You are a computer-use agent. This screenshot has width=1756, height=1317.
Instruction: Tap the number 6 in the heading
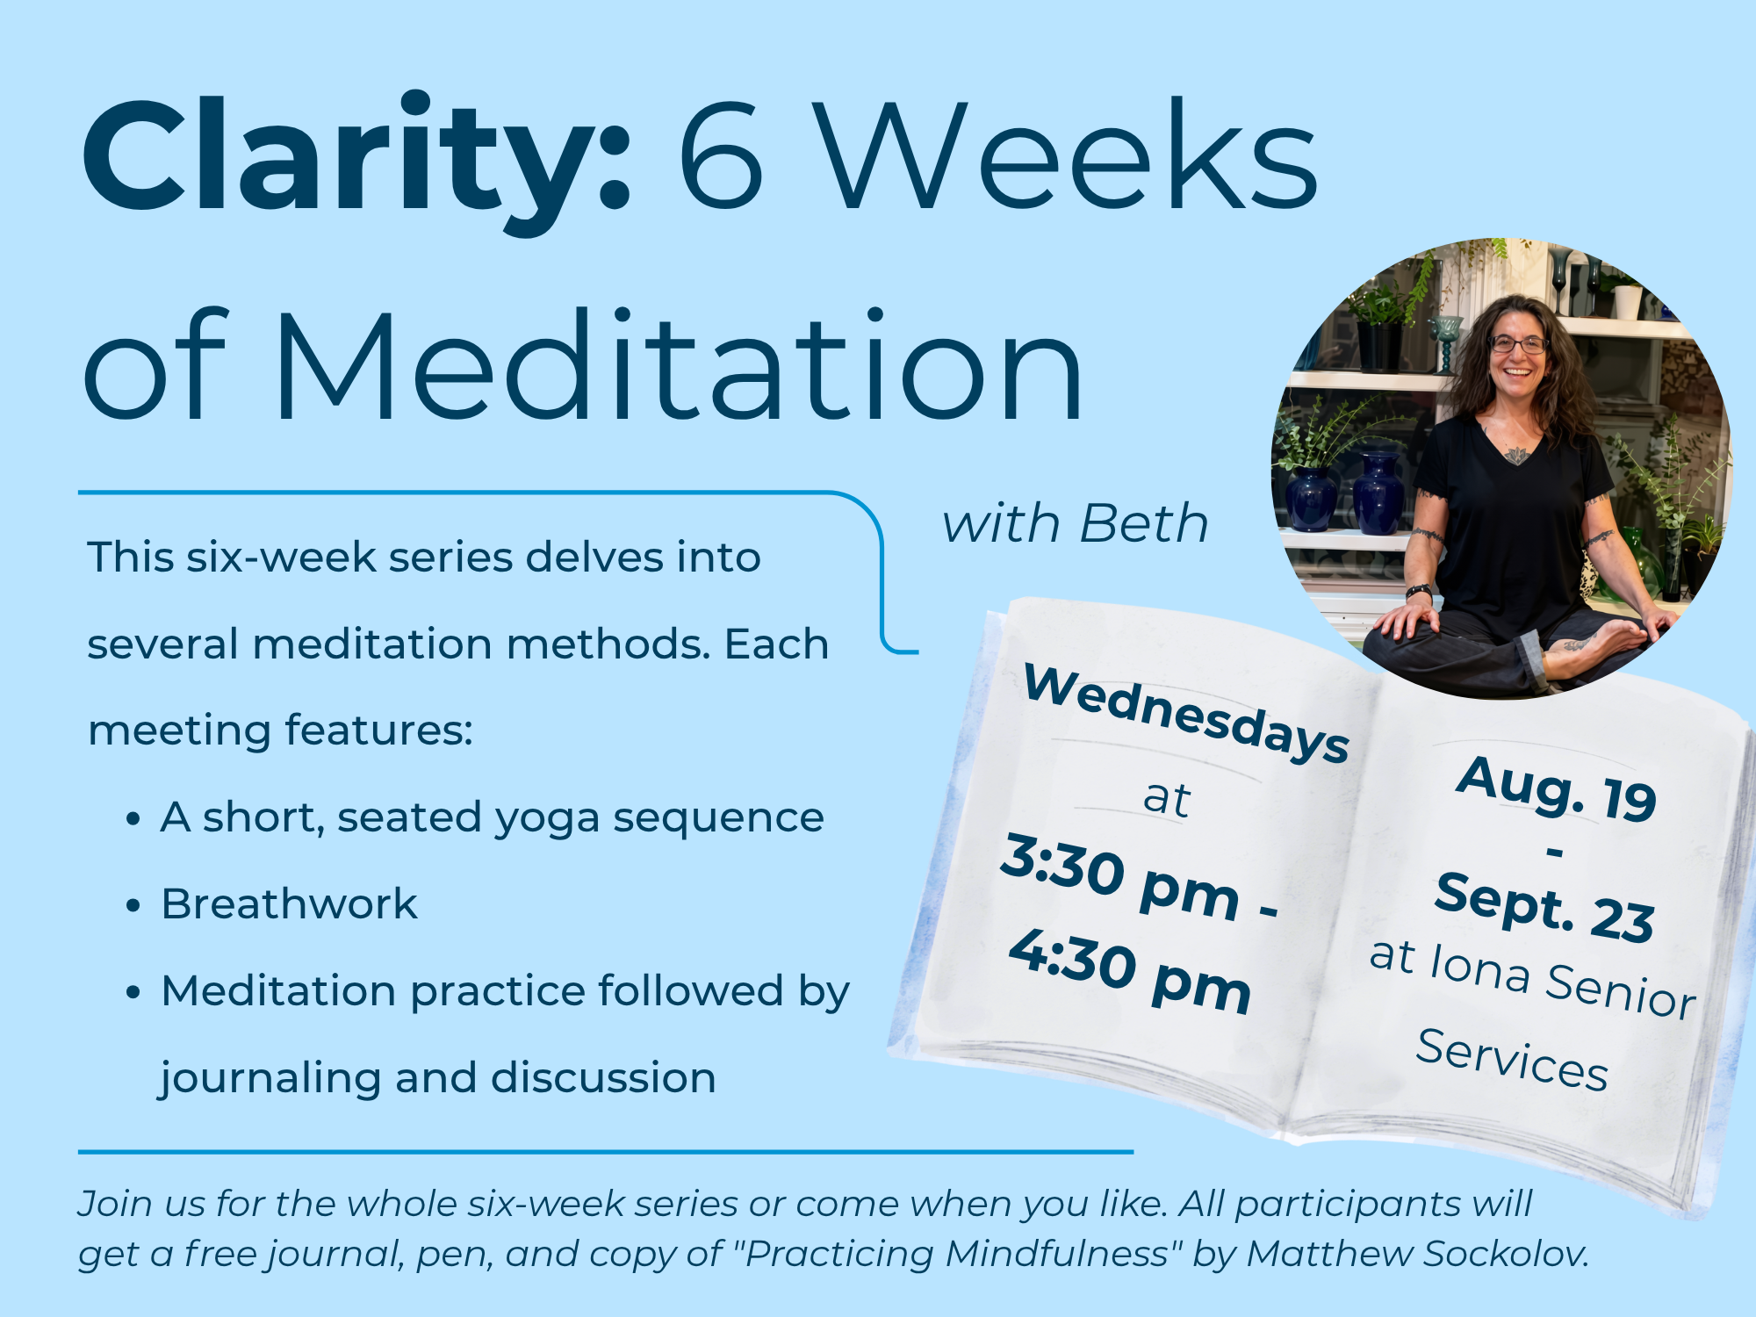point(721,155)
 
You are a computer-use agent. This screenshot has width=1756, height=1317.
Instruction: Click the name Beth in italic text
point(1144,524)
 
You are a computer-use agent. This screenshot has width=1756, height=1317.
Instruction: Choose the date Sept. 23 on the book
point(1545,908)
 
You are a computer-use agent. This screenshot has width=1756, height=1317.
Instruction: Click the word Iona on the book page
point(1480,967)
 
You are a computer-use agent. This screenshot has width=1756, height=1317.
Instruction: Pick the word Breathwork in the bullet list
point(289,903)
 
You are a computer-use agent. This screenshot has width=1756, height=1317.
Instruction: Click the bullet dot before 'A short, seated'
point(133,819)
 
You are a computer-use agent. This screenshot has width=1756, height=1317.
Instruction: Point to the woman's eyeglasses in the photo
point(1517,345)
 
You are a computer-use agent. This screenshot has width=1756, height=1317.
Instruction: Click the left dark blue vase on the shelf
point(1310,499)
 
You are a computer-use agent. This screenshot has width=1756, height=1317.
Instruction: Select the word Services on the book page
point(1512,1059)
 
